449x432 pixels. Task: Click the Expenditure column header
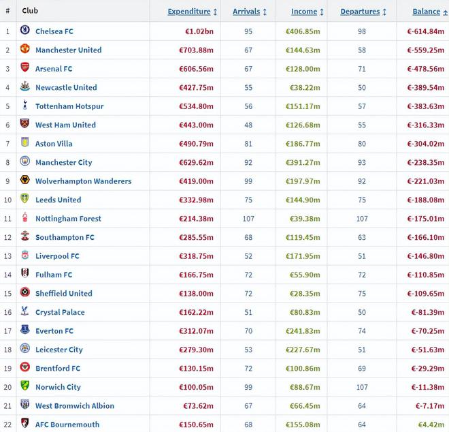click(189, 12)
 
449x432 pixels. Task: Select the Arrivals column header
click(246, 12)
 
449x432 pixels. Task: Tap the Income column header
click(304, 12)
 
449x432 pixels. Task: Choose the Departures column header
click(360, 12)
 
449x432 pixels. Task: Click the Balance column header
click(426, 12)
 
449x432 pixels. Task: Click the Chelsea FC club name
click(54, 31)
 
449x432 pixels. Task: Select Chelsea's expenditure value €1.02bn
click(199, 31)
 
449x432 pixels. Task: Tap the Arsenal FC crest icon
click(25, 67)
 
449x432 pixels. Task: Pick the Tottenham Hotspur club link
click(69, 106)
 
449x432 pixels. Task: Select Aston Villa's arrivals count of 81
click(248, 144)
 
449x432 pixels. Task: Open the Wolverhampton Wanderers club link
click(83, 181)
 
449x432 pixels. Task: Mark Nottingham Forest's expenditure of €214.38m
click(196, 219)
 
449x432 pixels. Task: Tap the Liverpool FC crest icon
click(25, 255)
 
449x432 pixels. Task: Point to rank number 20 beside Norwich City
click(8, 387)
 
